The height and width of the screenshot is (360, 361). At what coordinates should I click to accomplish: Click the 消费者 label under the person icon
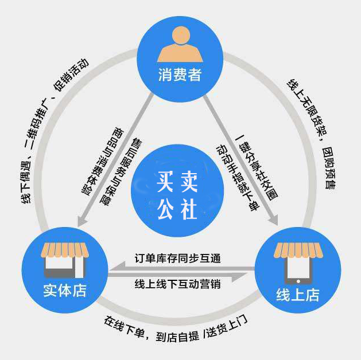tap(180, 75)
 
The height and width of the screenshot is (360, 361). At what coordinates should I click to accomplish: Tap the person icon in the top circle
tap(180, 46)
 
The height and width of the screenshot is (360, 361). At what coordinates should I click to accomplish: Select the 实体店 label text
tap(65, 290)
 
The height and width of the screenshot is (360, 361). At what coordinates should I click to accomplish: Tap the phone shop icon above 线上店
tap(297, 263)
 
